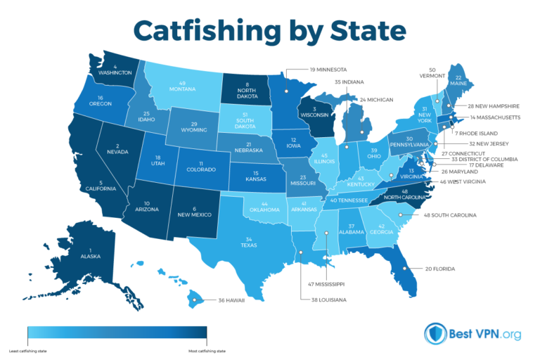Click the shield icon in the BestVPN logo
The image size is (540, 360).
tap(435, 335)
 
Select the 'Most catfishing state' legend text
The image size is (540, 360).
tap(209, 349)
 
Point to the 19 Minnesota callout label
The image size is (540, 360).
tap(330, 70)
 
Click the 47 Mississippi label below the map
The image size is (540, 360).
tap(326, 284)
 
